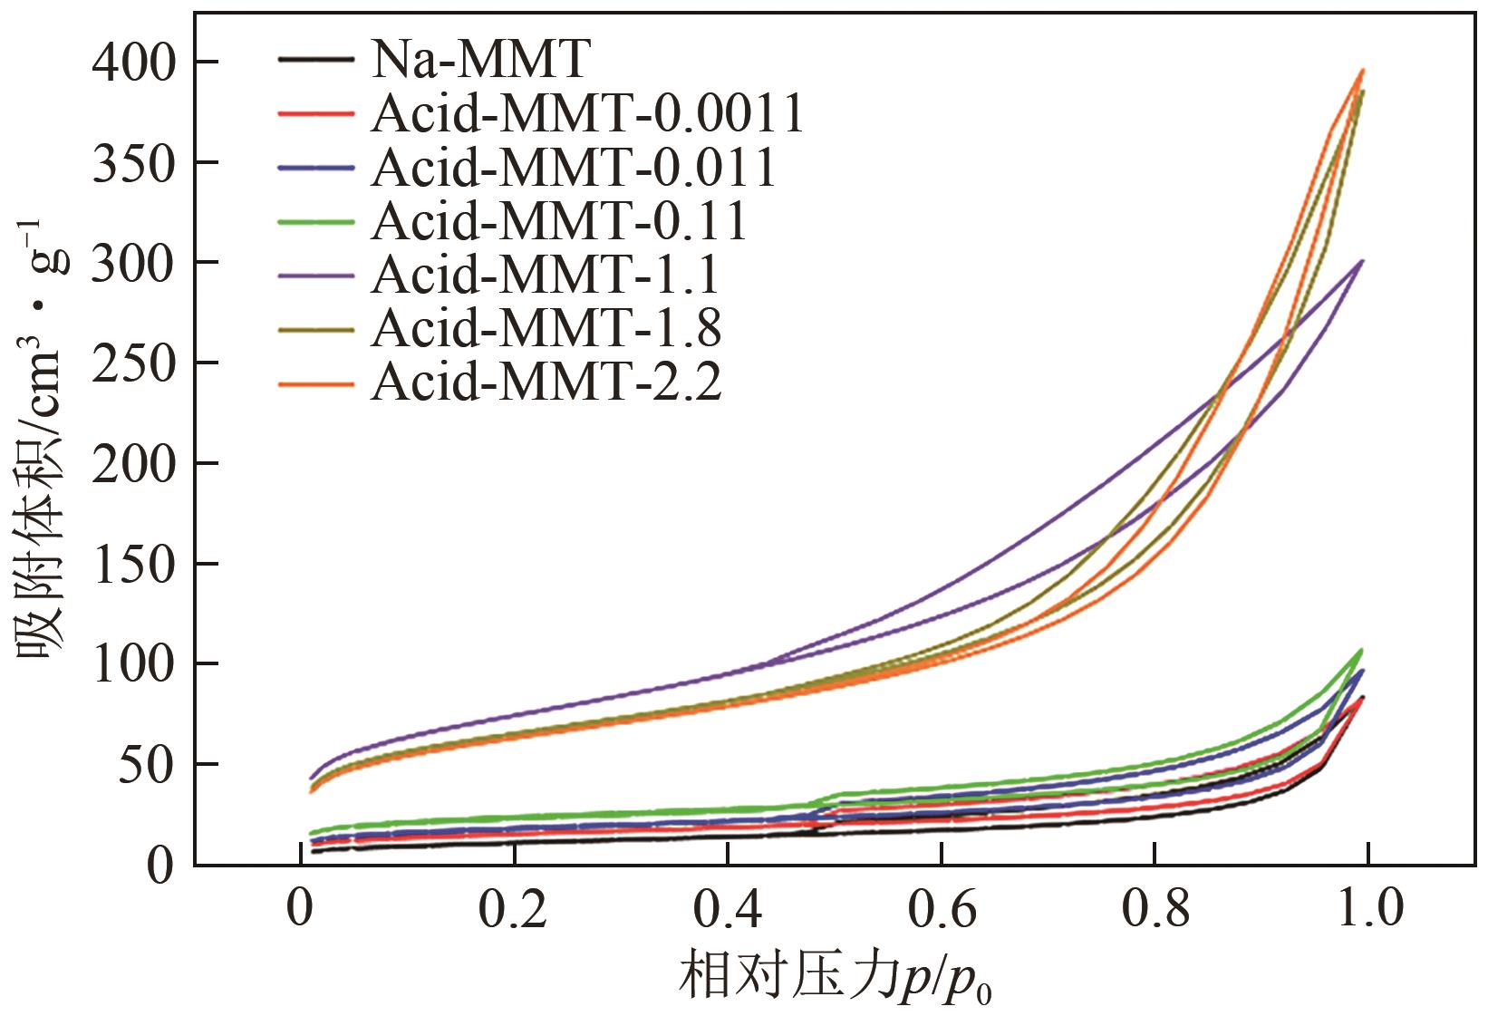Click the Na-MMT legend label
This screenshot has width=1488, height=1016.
[x=479, y=61]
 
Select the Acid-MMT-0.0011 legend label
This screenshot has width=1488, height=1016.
[x=587, y=114]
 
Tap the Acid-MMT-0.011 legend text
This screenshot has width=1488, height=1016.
[x=574, y=168]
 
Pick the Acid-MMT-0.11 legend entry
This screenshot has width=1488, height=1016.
[x=559, y=221]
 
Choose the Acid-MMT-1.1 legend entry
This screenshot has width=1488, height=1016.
[x=546, y=275]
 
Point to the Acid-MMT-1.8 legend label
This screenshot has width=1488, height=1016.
[x=546, y=328]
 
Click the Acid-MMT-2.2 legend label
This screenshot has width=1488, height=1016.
[x=546, y=382]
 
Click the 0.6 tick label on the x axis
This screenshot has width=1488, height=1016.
[x=942, y=911]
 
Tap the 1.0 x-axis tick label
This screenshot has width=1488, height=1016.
[x=1368, y=911]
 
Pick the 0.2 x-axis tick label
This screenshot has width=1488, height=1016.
[x=514, y=911]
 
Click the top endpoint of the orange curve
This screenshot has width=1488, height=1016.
[x=1362, y=70]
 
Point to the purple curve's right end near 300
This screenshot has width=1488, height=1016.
[x=1362, y=261]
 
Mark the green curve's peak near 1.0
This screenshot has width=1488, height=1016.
[x=1361, y=650]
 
